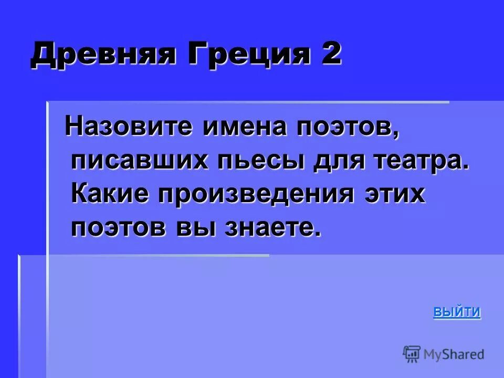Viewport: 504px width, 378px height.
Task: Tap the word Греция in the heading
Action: click(241, 55)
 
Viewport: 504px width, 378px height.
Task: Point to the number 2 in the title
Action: click(329, 54)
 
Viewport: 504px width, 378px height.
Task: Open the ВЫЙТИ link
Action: click(457, 312)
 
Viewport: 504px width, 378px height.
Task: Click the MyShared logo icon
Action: click(412, 354)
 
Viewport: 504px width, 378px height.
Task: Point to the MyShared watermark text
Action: click(454, 355)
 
